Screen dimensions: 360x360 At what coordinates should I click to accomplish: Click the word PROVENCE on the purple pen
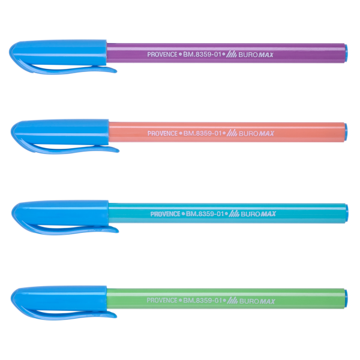click(x=163, y=55)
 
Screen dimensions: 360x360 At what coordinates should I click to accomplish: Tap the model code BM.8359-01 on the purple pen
click(x=202, y=55)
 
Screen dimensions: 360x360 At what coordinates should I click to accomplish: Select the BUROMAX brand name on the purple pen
click(x=256, y=55)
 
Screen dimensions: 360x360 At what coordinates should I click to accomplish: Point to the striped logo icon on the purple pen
click(x=232, y=55)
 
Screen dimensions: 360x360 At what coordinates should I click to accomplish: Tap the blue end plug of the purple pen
click(x=346, y=53)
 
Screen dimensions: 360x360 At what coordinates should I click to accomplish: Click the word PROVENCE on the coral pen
click(x=163, y=133)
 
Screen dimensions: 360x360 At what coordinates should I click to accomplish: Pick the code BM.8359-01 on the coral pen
click(x=202, y=133)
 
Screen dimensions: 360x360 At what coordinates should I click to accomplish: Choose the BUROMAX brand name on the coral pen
click(x=256, y=134)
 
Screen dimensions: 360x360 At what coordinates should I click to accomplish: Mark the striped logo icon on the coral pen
click(x=232, y=133)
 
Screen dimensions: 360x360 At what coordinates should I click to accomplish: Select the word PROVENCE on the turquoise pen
click(x=166, y=214)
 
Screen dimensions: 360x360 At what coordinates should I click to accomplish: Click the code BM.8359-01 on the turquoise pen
click(x=205, y=214)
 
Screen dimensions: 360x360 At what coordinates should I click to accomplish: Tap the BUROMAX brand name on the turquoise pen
click(x=259, y=214)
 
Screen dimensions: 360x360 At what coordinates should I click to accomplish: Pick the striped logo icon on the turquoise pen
click(x=234, y=214)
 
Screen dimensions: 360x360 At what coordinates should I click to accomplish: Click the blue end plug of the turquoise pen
click(x=347, y=212)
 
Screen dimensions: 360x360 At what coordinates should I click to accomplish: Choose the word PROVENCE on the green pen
click(x=162, y=301)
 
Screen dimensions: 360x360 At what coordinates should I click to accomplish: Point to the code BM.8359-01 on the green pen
click(x=202, y=301)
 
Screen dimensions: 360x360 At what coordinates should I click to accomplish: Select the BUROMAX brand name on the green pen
click(x=257, y=301)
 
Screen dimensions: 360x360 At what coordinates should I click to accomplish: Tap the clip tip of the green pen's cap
click(x=116, y=316)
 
